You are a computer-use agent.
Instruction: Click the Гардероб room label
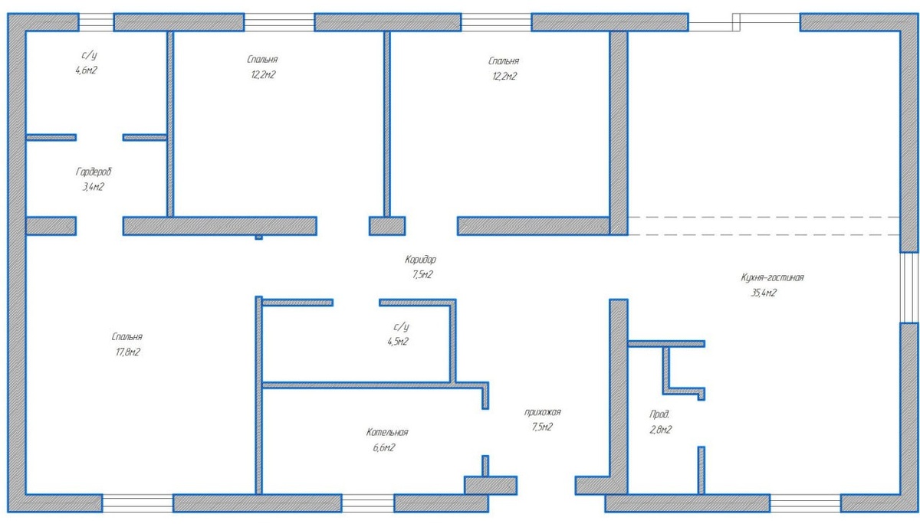[94, 172]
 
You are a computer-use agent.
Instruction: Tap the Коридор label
[421, 260]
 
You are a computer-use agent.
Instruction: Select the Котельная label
[387, 432]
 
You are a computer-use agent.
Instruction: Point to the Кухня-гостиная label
[772, 277]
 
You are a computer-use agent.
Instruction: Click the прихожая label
[543, 412]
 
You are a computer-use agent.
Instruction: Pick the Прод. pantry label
[659, 414]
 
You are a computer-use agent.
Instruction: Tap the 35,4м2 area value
[764, 293]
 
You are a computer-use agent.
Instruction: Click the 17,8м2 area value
[128, 352]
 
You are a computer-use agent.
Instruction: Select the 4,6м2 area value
[86, 70]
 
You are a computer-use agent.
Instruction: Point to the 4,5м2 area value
[398, 342]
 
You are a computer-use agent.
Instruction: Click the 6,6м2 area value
[384, 447]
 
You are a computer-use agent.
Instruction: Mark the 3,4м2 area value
[94, 187]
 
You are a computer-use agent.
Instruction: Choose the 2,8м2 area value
[660, 430]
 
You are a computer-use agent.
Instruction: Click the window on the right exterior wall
[909, 287]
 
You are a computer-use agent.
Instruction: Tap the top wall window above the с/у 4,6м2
[96, 22]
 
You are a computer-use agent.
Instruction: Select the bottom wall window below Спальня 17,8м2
[137, 503]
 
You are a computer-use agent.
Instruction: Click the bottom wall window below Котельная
[367, 503]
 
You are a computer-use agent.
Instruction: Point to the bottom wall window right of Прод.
[806, 503]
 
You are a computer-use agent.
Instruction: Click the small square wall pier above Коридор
[387, 226]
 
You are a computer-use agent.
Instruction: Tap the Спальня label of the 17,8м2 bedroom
[127, 337]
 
